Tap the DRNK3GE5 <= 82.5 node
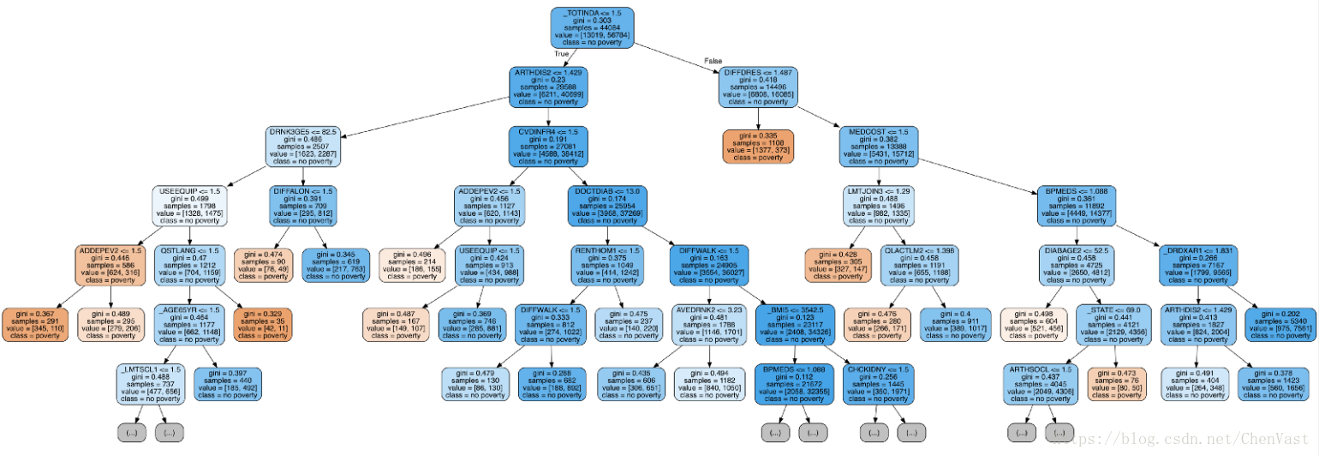pyautogui.click(x=303, y=147)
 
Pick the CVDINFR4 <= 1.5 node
pyautogui.click(x=548, y=147)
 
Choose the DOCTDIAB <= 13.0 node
pyautogui.click(x=606, y=206)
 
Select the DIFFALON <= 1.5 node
pyautogui.click(x=302, y=206)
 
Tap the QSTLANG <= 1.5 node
pyautogui.click(x=190, y=266)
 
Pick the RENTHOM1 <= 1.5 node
pyautogui.click(x=606, y=266)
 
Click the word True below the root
pyautogui.click(x=562, y=54)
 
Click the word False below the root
pyautogui.click(x=713, y=60)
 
